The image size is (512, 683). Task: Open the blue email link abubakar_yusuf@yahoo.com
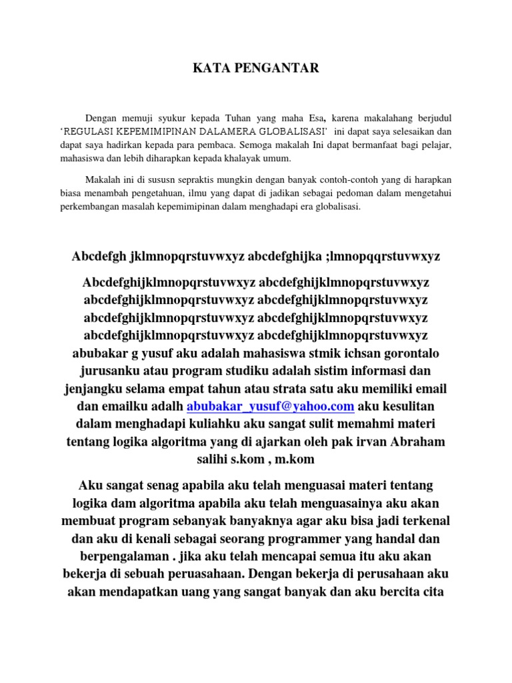pos(271,406)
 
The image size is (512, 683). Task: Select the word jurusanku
pos(111,370)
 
